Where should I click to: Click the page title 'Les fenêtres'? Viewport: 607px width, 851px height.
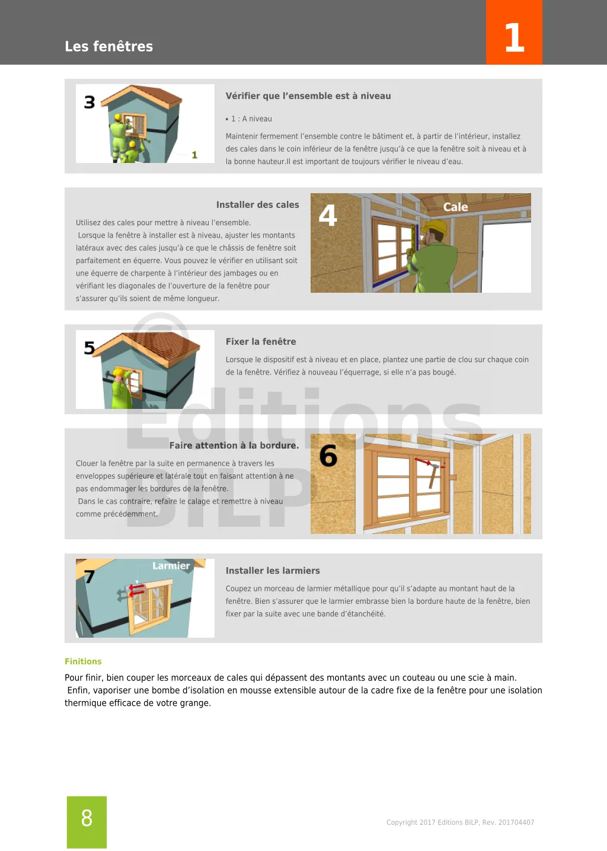click(x=108, y=46)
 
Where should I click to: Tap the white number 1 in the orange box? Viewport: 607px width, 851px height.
click(x=514, y=38)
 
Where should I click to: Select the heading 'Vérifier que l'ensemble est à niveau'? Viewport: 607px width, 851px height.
click(x=308, y=96)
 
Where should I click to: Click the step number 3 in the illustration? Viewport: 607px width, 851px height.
click(x=90, y=103)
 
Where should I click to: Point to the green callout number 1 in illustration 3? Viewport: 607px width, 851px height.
click(x=194, y=155)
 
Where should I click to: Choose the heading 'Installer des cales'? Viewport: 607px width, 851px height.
click(x=257, y=205)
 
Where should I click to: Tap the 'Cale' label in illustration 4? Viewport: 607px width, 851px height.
click(x=455, y=207)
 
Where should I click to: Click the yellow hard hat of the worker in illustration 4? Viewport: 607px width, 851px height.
click(x=437, y=226)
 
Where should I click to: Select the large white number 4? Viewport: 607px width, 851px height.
click(x=328, y=215)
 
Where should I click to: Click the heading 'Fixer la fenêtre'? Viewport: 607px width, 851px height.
click(x=261, y=342)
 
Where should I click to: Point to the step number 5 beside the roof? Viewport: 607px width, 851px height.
click(x=90, y=348)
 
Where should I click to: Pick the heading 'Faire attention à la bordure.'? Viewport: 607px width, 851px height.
click(x=234, y=446)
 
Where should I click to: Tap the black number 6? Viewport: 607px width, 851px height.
click(x=328, y=456)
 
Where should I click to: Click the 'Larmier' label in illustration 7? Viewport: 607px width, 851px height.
click(x=171, y=566)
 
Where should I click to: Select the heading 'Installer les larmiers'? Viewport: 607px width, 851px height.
click(x=273, y=571)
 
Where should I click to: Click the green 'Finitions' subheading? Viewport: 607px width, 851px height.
click(x=83, y=661)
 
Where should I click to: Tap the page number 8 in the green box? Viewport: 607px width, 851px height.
click(x=87, y=818)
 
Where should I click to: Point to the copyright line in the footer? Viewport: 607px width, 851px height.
click(x=460, y=823)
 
